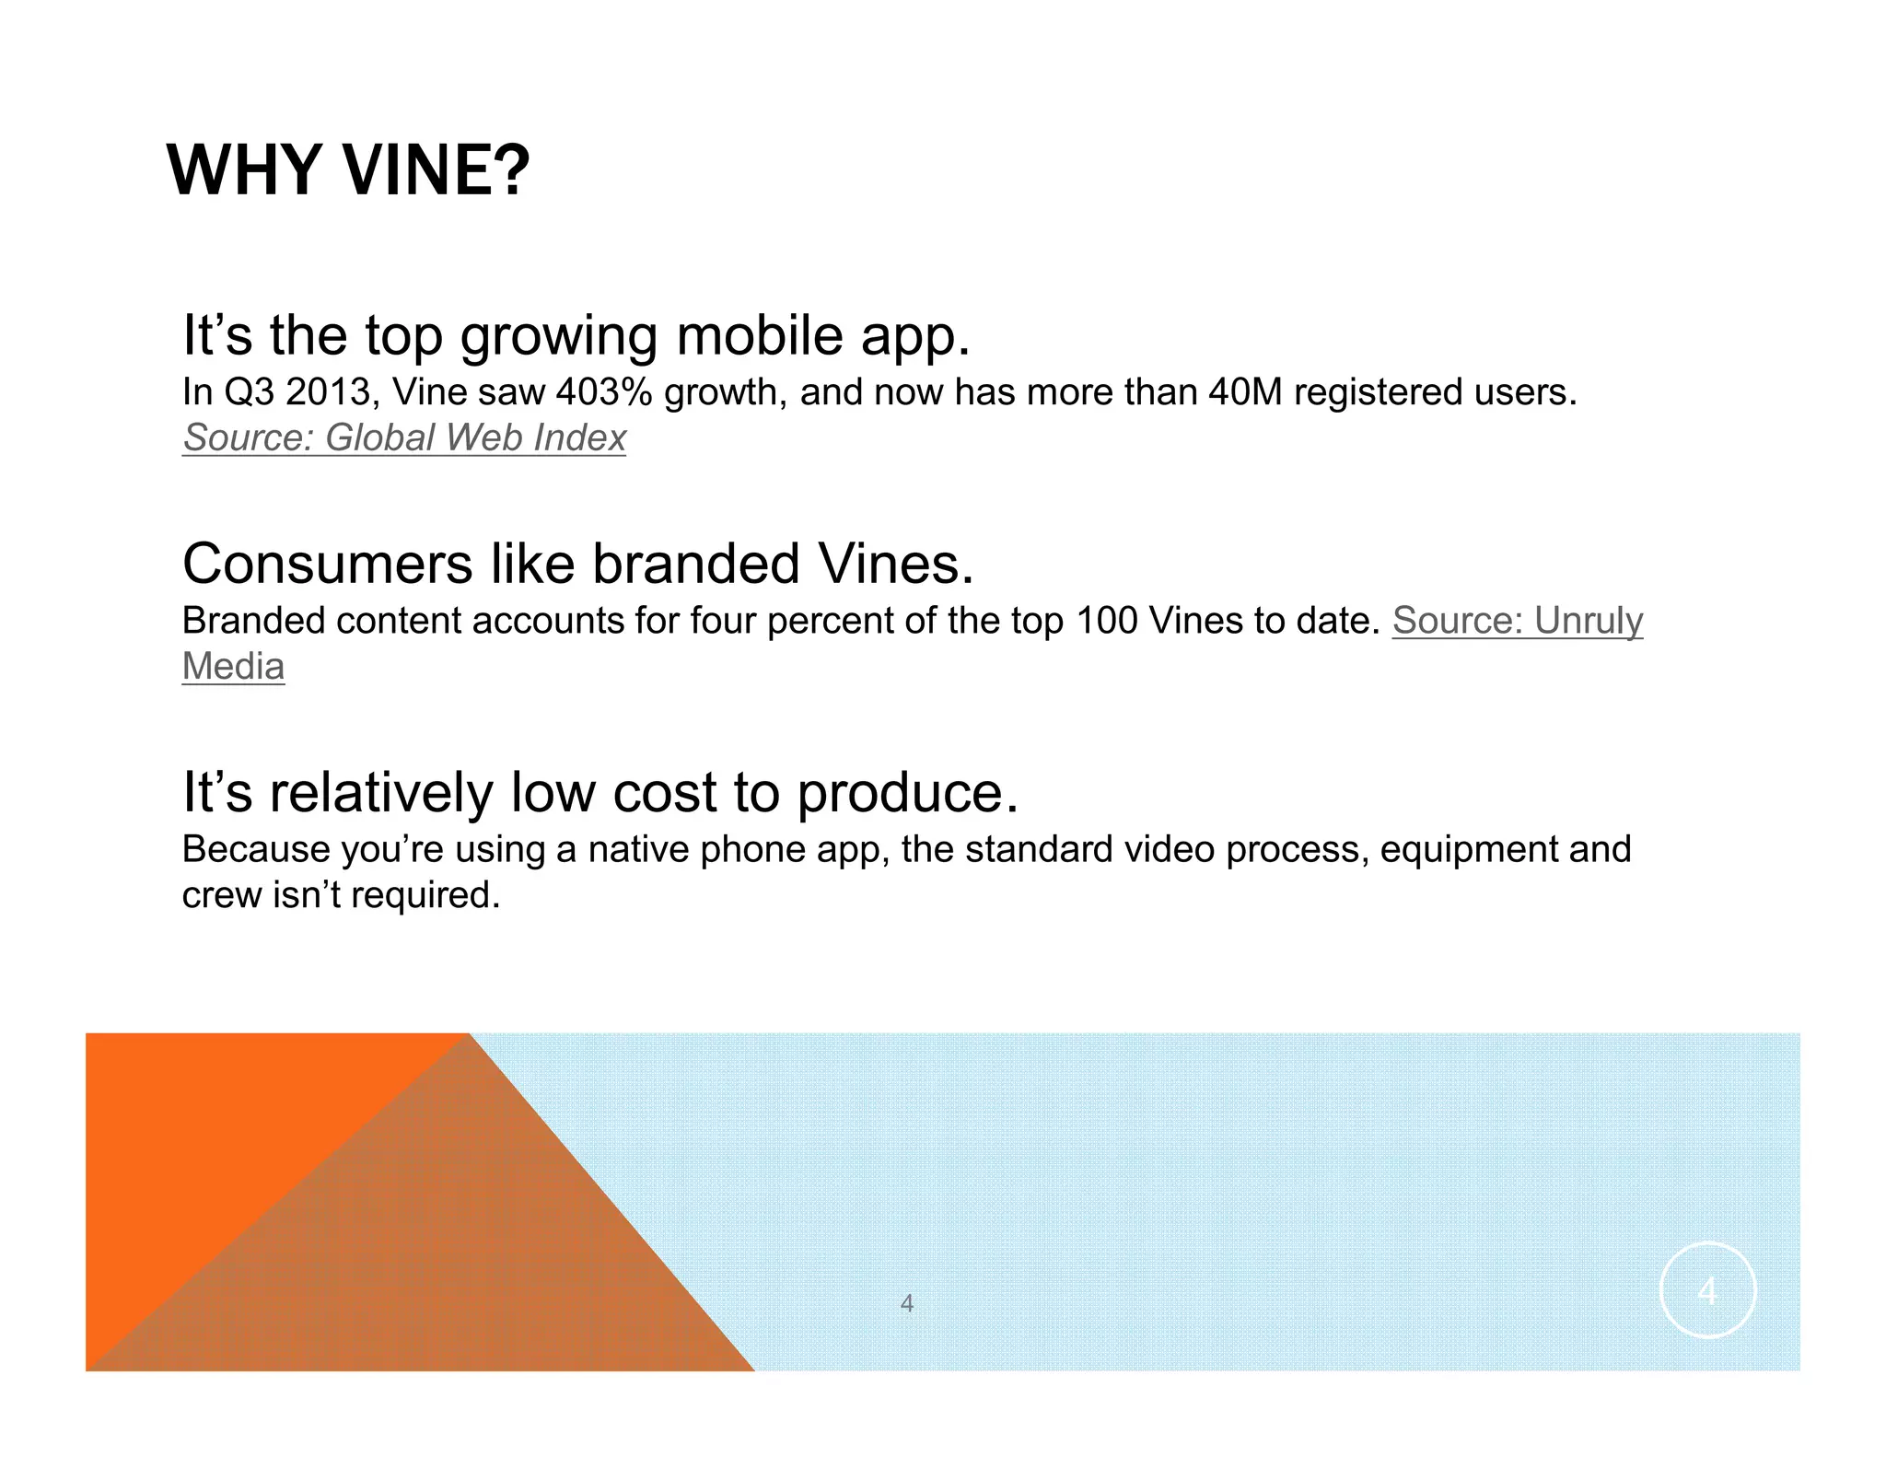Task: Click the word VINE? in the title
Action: coord(437,171)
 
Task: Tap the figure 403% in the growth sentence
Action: coord(604,392)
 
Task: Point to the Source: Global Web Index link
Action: coord(404,437)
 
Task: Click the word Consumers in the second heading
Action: coord(328,564)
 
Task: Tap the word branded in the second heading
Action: coord(695,564)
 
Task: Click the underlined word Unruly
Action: coord(1589,622)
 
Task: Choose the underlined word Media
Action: coord(233,667)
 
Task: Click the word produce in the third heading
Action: coord(907,793)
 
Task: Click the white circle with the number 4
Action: coord(1707,1290)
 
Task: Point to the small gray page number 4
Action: coord(907,1303)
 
